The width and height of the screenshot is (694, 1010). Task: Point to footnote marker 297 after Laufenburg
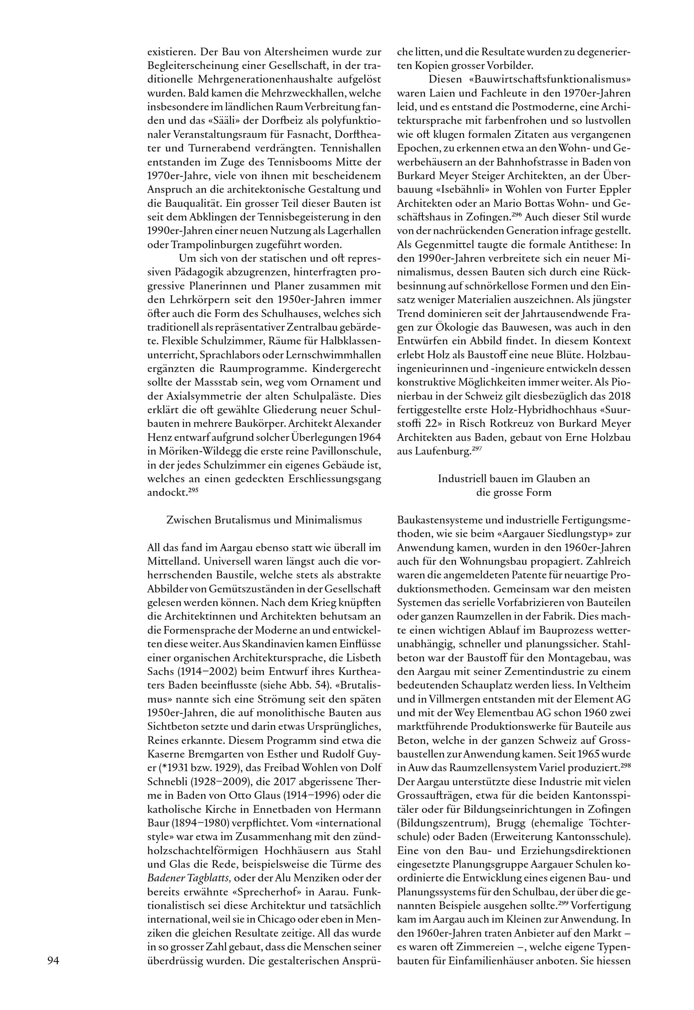pos(477,449)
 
